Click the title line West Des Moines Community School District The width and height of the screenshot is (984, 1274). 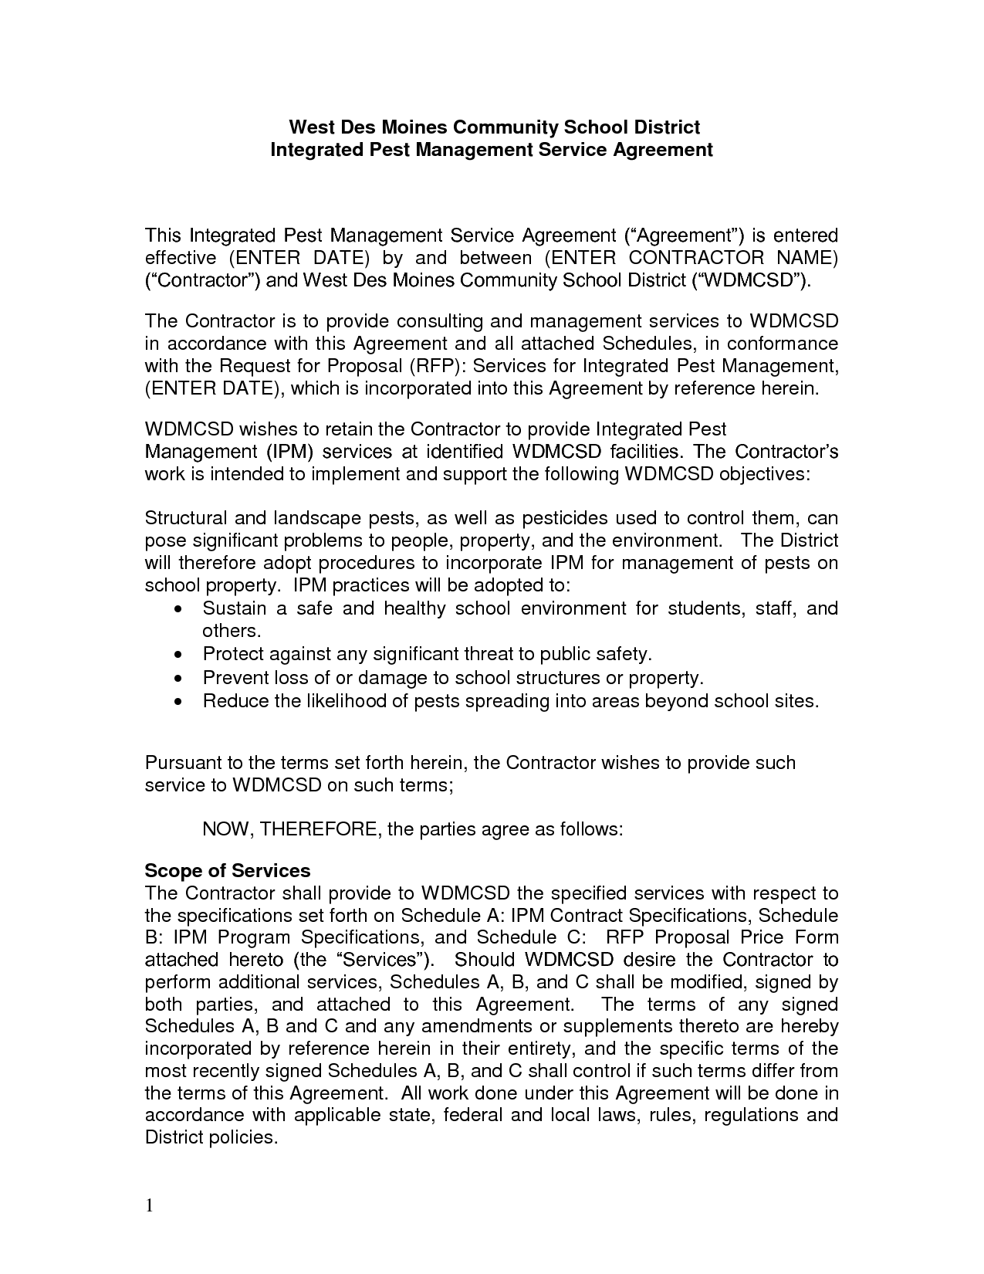[494, 127]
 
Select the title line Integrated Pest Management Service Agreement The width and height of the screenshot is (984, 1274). [492, 149]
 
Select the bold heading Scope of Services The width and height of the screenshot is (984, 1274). [228, 871]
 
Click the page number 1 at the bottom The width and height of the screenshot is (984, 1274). [150, 1206]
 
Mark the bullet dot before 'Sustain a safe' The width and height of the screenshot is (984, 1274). [179, 609]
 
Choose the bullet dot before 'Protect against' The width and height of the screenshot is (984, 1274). [179, 655]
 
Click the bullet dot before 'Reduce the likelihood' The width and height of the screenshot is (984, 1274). [179, 702]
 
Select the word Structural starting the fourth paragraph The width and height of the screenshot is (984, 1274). [185, 518]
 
